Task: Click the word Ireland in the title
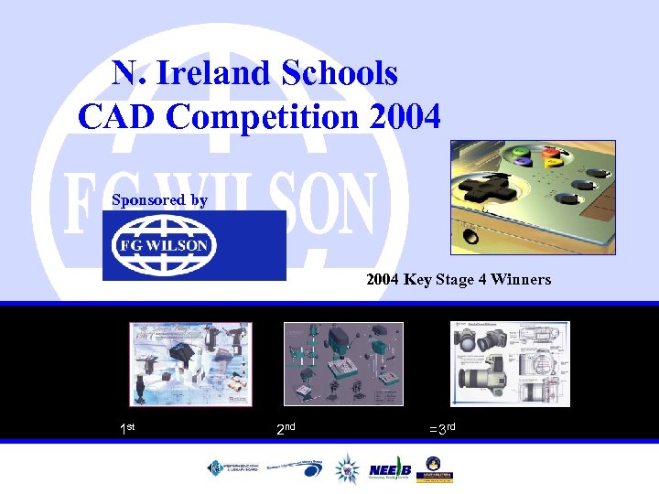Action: tap(214, 73)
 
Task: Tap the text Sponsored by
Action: tap(159, 199)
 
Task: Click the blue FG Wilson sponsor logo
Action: tap(194, 245)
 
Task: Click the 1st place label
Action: tap(128, 428)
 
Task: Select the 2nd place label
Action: tap(286, 428)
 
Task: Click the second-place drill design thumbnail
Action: tap(343, 363)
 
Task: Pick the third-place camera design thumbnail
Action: tap(510, 363)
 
